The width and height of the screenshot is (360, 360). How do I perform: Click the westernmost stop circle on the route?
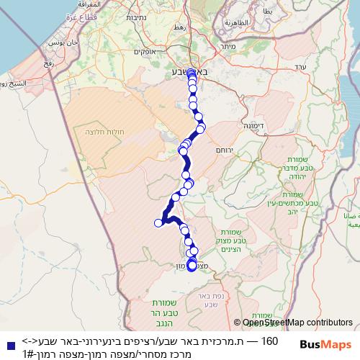158,222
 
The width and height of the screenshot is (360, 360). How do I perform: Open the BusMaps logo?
322,345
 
